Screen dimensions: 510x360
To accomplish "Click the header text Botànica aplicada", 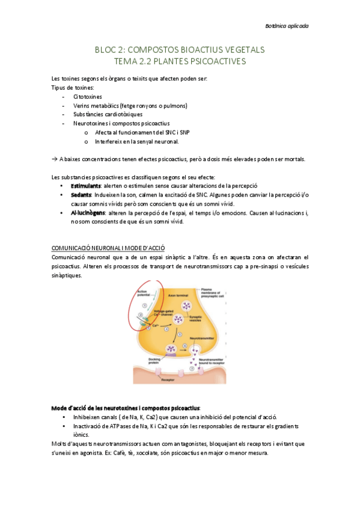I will pos(287,26).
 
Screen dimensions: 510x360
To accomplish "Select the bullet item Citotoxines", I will pos(88,96).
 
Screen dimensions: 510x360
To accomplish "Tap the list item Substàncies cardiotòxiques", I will pos(108,114).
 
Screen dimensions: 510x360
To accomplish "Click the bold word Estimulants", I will pos(85,186).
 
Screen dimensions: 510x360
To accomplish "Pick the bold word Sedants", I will pos(81,195).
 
